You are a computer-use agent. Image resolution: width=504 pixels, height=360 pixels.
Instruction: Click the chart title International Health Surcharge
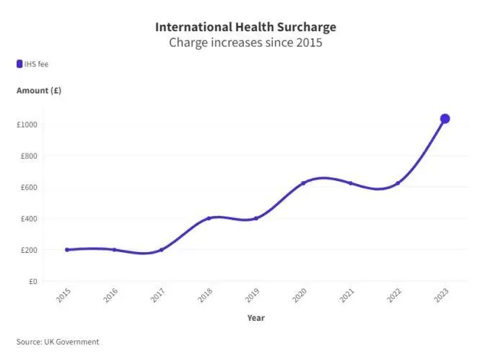(x=245, y=27)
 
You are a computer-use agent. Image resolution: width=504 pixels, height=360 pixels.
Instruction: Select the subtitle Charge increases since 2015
(x=245, y=42)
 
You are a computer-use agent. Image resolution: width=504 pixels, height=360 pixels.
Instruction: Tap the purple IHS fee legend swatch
(x=20, y=64)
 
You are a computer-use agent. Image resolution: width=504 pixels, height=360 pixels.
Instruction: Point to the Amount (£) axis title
(x=39, y=91)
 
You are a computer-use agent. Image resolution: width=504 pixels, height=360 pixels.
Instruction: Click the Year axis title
(x=256, y=317)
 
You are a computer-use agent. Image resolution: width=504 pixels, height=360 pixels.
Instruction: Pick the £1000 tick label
(x=28, y=125)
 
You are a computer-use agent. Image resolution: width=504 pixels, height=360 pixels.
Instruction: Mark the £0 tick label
(x=33, y=281)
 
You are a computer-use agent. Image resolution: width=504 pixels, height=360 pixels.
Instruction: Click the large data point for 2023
(x=445, y=119)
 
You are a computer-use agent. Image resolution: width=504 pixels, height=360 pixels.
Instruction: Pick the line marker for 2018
(x=209, y=218)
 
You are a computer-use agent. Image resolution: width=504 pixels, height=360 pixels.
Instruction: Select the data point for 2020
(x=303, y=183)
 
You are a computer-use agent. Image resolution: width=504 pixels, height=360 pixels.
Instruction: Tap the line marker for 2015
(x=67, y=250)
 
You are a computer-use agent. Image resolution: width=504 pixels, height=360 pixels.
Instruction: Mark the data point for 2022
(x=398, y=183)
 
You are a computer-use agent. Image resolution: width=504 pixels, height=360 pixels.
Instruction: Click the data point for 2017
(x=161, y=250)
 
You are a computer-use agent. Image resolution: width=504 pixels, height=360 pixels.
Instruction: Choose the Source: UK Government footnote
(x=58, y=342)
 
